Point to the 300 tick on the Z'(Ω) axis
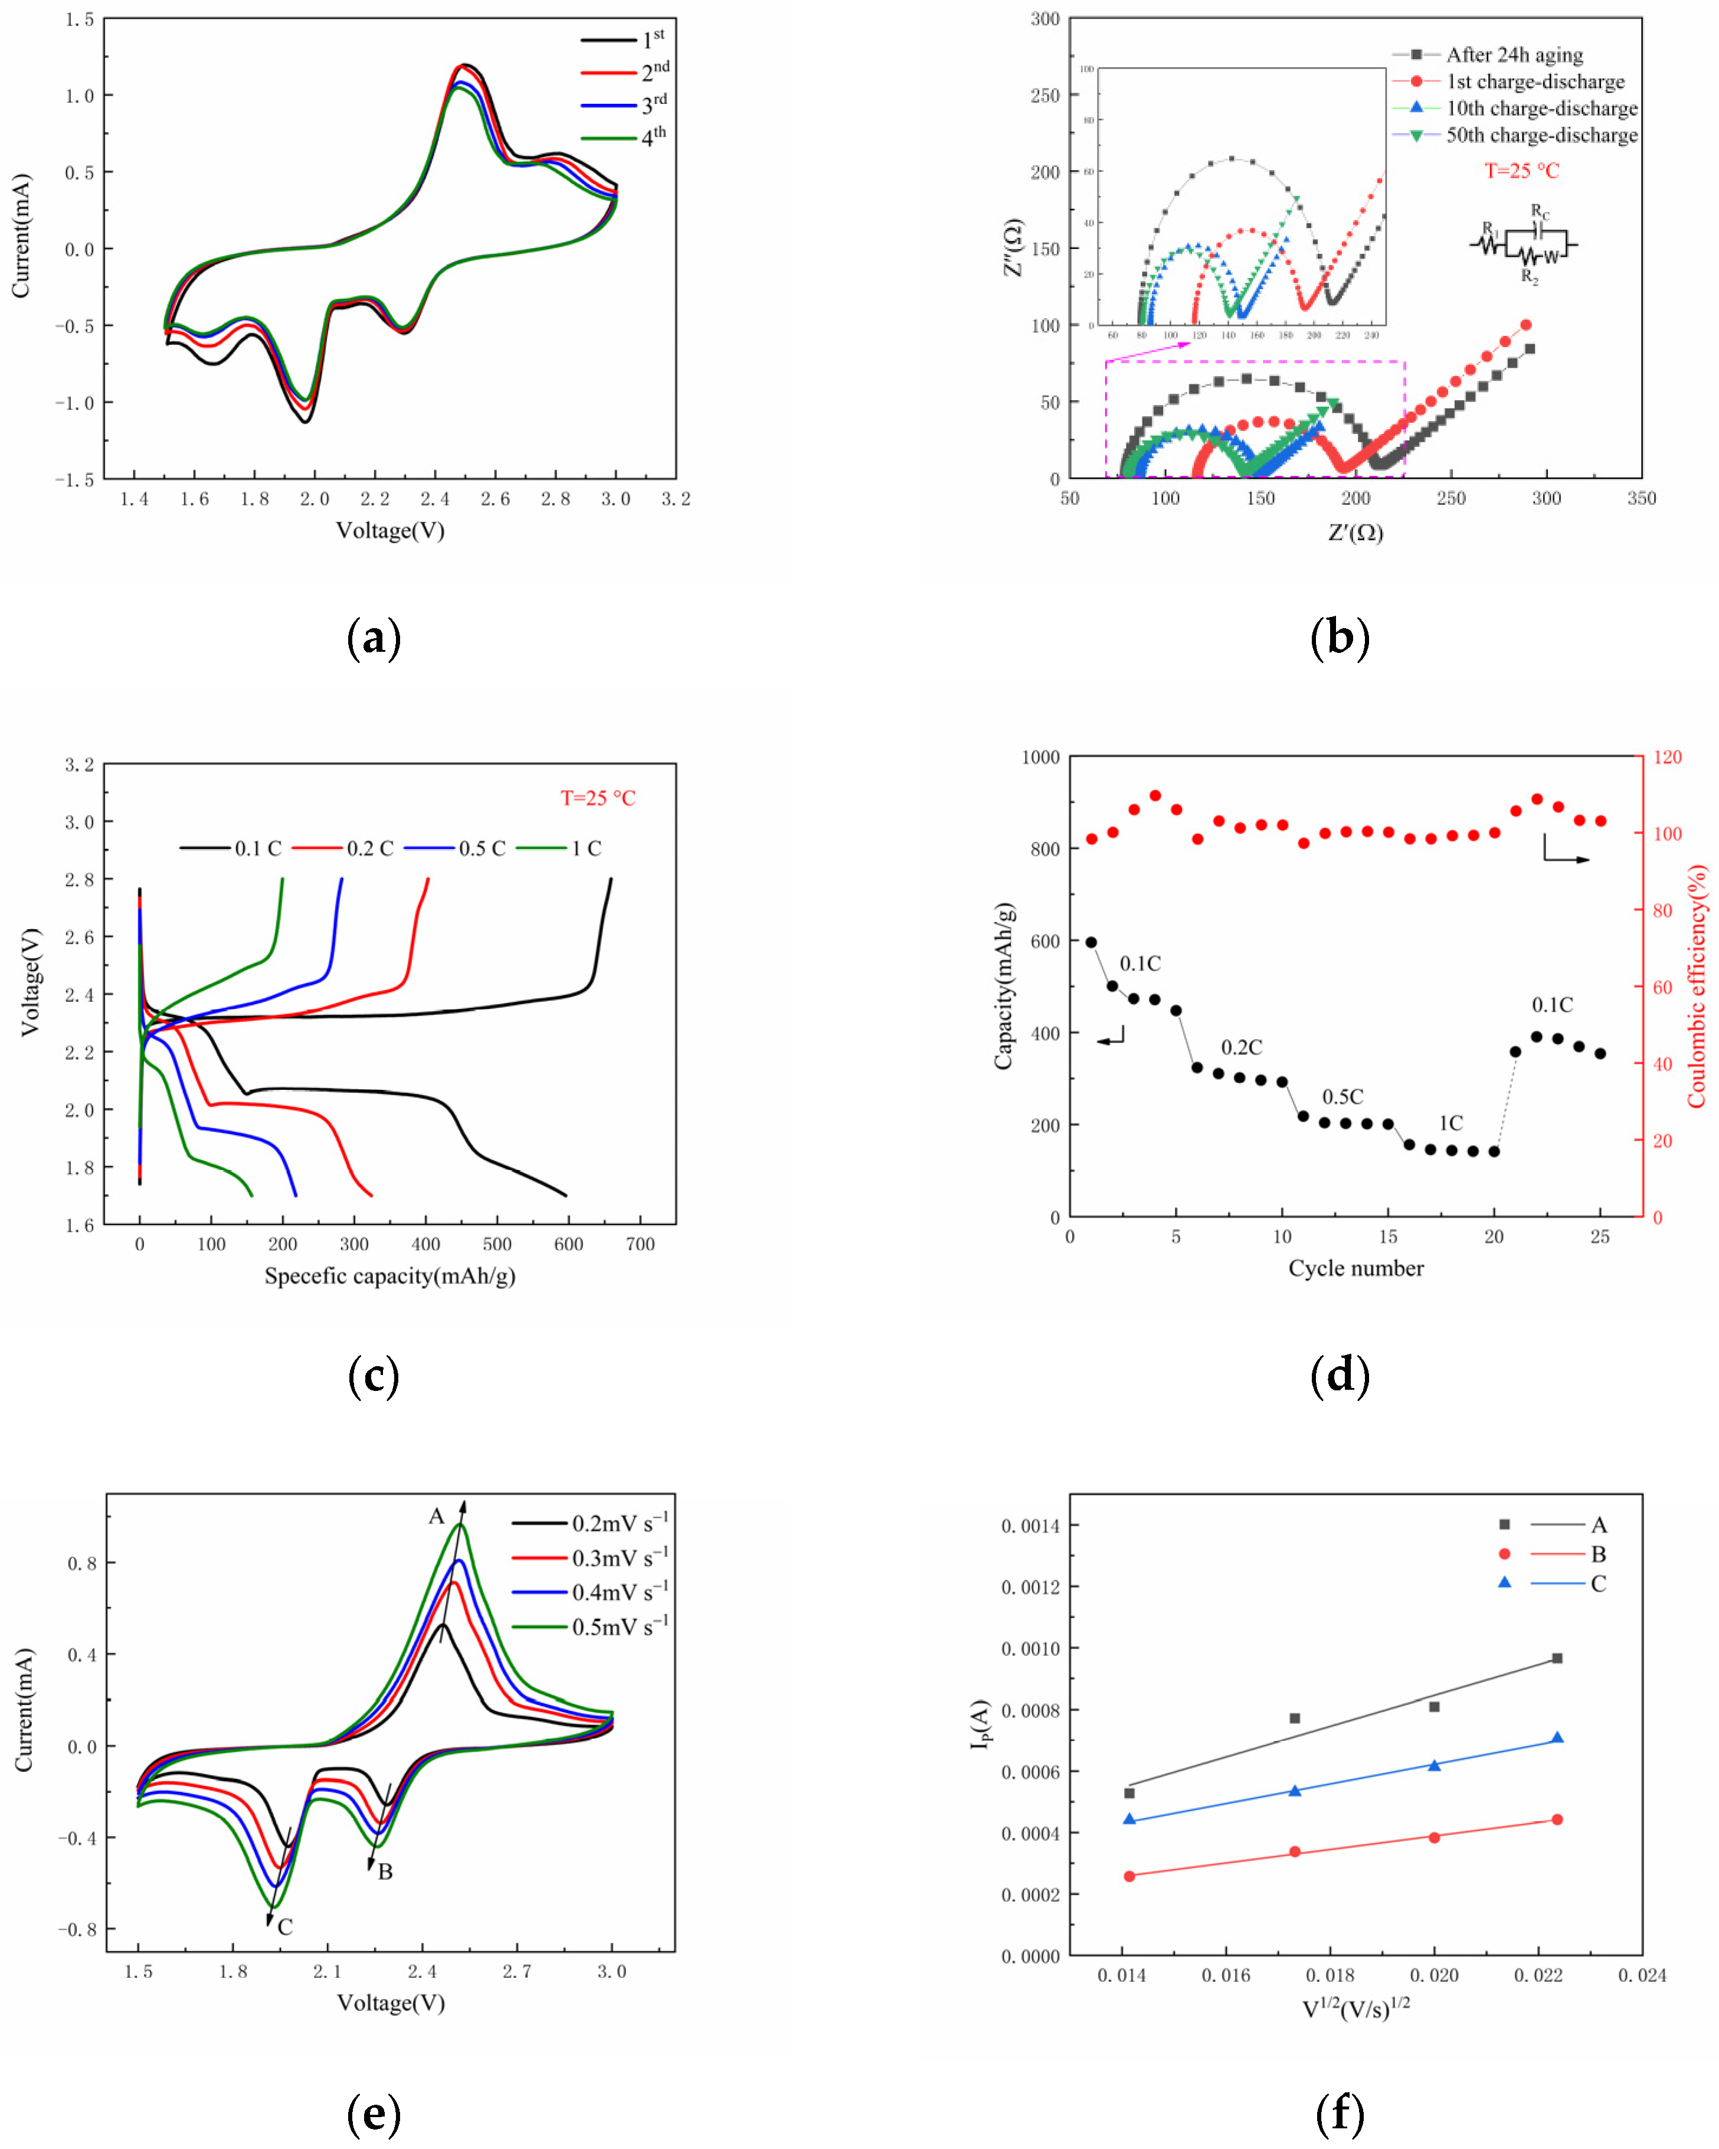pyautogui.click(x=1546, y=498)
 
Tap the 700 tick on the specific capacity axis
pyautogui.click(x=640, y=1244)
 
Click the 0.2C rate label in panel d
pyautogui.click(x=1242, y=1047)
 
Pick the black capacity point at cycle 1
pyautogui.click(x=1091, y=942)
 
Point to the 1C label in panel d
pyautogui.click(x=1451, y=1124)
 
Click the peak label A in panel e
pyautogui.click(x=437, y=1516)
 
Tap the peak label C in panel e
pyautogui.click(x=285, y=1927)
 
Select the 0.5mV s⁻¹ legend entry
pyautogui.click(x=590, y=1627)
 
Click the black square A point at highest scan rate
pyautogui.click(x=1557, y=1658)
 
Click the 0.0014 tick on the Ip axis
pyautogui.click(x=1030, y=1525)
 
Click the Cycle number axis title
pyautogui.click(x=1355, y=1268)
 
